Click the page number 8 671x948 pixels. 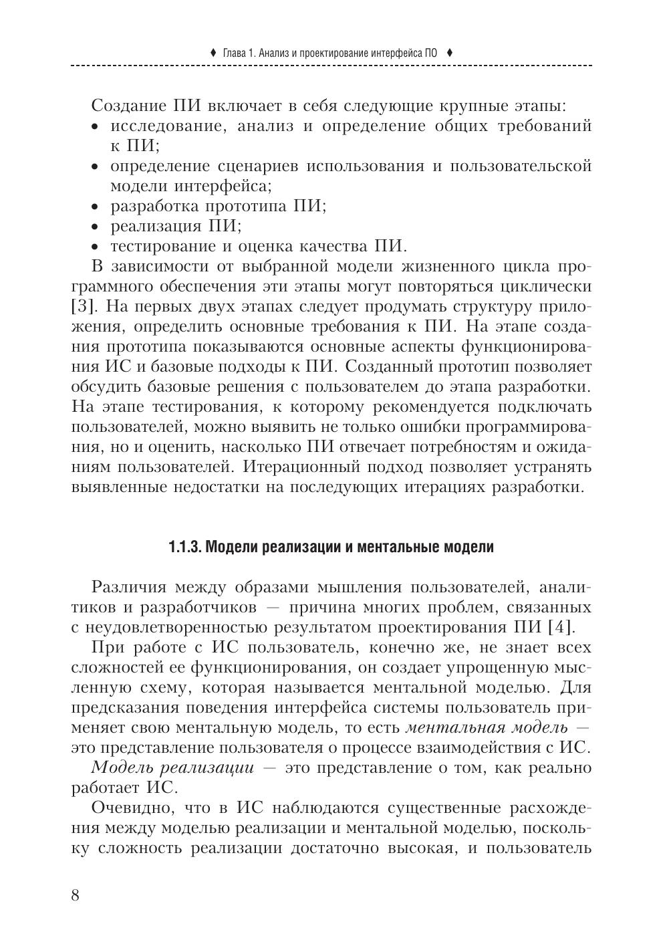pyautogui.click(x=76, y=895)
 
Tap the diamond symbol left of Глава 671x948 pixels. pyautogui.click(x=213, y=52)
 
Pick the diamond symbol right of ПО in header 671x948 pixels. pyautogui.click(x=450, y=52)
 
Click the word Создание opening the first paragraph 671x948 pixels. pyautogui.click(x=128, y=106)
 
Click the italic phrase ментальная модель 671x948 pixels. pyautogui.click(x=487, y=727)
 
